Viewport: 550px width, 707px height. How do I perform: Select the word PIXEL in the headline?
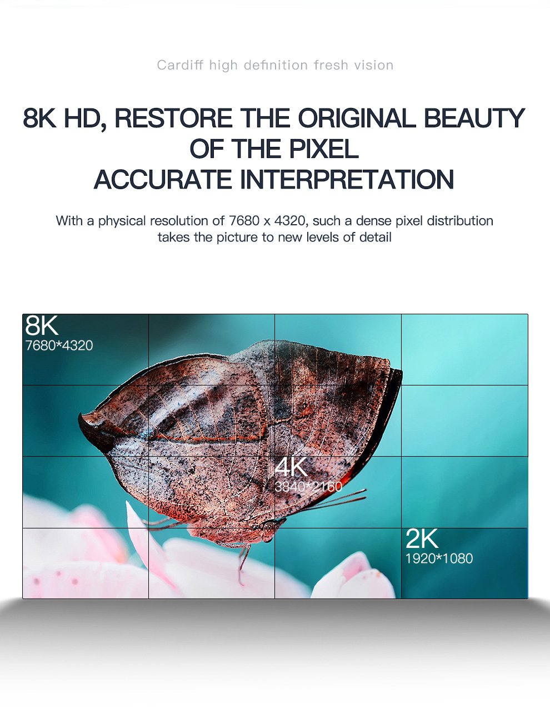[x=323, y=149]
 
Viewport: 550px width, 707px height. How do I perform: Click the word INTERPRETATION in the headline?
[x=347, y=179]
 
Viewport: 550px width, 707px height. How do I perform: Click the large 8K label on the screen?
[x=42, y=325]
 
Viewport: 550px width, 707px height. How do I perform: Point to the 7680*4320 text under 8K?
[x=59, y=345]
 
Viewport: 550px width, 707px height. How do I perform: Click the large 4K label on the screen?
[x=291, y=467]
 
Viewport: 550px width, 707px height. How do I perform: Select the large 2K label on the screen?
[x=422, y=539]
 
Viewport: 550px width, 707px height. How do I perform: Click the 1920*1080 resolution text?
[x=439, y=558]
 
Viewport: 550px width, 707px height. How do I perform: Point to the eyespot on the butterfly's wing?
[x=304, y=407]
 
